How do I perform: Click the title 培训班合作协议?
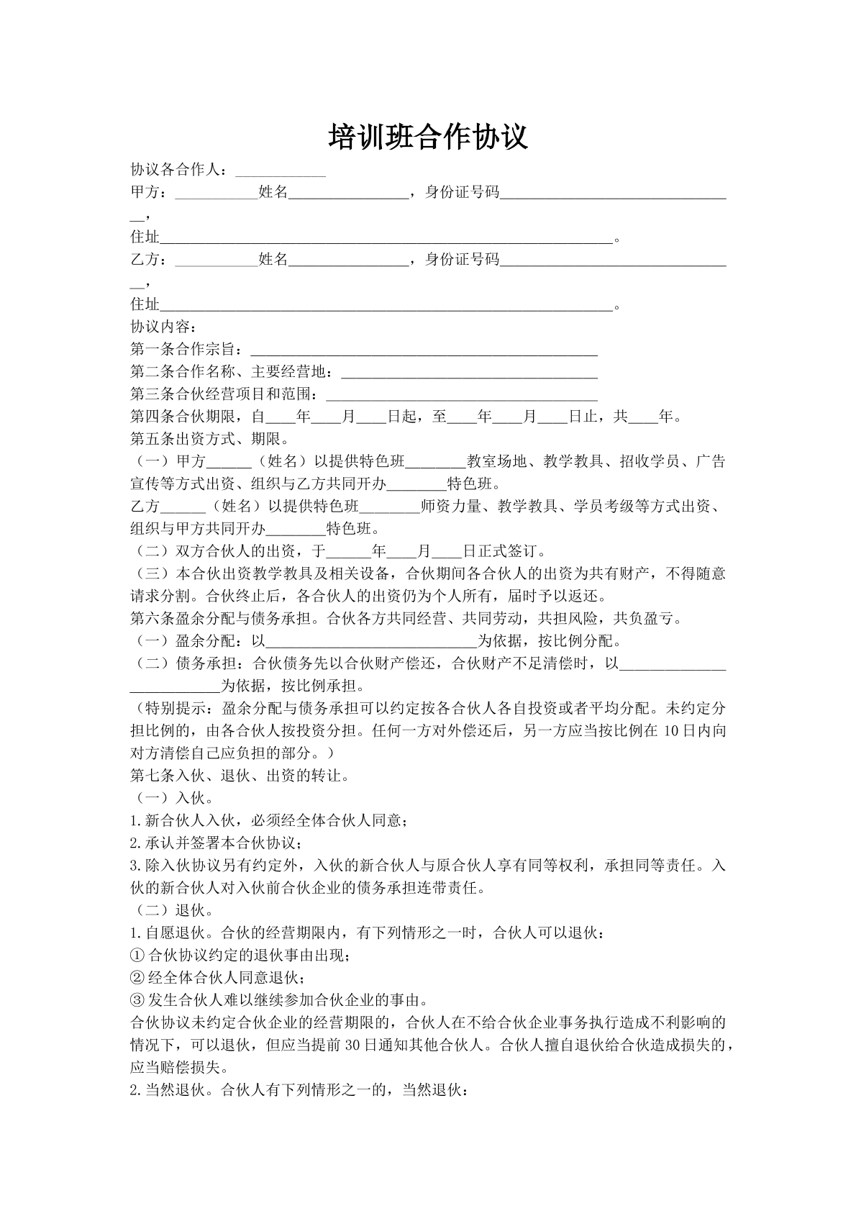pyautogui.click(x=428, y=137)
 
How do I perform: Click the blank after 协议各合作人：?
pyautogui.click(x=281, y=172)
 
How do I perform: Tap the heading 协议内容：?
pyautogui.click(x=159, y=327)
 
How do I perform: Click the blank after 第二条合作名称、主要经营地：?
pyautogui.click(x=468, y=373)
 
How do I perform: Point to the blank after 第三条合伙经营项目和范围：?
pyautogui.click(x=462, y=395)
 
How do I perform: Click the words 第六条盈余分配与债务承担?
pyautogui.click(x=225, y=619)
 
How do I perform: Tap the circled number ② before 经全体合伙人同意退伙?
pyautogui.click(x=137, y=978)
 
